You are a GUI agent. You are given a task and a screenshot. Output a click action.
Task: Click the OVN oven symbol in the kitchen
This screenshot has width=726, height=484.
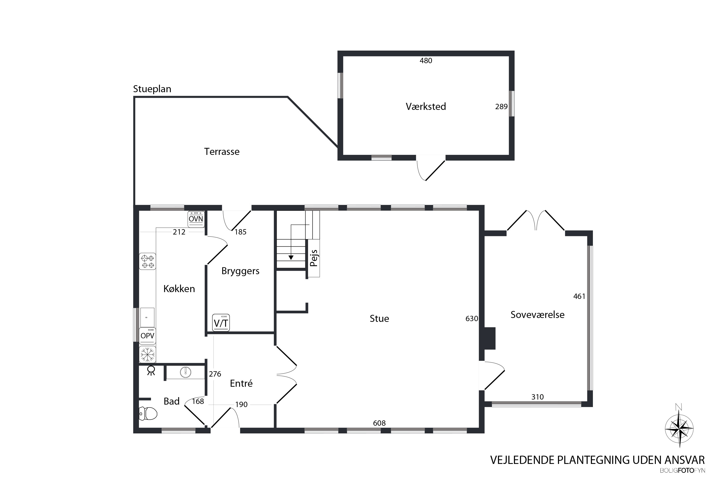click(196, 219)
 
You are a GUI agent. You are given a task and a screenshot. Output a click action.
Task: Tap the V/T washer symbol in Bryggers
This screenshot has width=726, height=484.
click(221, 323)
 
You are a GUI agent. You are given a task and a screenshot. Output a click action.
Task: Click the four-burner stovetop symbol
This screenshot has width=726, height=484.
click(148, 261)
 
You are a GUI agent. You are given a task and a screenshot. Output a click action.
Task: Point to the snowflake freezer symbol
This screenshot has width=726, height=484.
click(148, 354)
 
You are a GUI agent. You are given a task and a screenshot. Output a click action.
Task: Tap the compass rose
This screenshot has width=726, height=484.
click(679, 429)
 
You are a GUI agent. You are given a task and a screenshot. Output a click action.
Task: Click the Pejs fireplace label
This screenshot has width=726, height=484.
click(314, 258)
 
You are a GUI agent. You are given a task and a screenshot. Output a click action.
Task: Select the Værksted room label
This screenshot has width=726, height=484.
click(426, 106)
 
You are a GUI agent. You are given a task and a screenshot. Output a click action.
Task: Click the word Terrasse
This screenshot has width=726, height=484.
click(222, 151)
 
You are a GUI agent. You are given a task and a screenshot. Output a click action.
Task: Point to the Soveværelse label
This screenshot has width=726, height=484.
click(537, 315)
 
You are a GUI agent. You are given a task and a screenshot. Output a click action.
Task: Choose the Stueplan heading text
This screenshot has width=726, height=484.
click(152, 89)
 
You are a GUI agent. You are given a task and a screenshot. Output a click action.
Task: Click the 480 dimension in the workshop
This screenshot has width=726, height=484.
click(426, 60)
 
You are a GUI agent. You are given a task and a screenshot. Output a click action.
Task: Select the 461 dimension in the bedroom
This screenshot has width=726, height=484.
click(579, 296)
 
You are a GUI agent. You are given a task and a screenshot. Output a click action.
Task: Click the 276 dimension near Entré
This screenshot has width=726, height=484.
click(215, 374)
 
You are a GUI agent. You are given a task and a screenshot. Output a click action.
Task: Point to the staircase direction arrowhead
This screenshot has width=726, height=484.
click(291, 257)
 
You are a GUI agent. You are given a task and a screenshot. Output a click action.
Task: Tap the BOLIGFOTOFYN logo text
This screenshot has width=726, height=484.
click(682, 471)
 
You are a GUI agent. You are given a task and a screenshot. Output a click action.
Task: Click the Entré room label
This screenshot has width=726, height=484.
click(241, 383)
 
